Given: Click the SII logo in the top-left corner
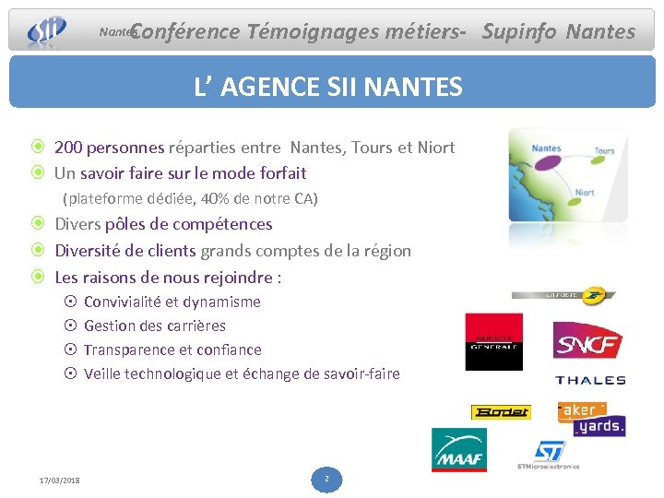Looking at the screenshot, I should [46, 30].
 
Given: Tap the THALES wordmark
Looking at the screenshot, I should [590, 380].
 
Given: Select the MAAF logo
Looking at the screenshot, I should [458, 449].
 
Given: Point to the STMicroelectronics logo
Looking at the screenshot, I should [549, 454].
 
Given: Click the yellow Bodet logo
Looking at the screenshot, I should [501, 412].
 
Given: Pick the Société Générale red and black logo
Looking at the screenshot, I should [493, 341].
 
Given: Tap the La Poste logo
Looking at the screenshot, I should [563, 295].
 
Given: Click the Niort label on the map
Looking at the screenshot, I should [585, 194].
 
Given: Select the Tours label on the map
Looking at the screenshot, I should [604, 151].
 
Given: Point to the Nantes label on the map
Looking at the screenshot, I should [547, 148].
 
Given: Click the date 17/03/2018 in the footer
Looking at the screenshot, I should [59, 480].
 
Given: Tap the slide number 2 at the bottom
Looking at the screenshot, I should [326, 479].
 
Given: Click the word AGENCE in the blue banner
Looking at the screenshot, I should [275, 88].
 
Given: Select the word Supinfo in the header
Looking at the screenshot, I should [518, 32].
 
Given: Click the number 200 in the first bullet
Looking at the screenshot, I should [69, 148].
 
